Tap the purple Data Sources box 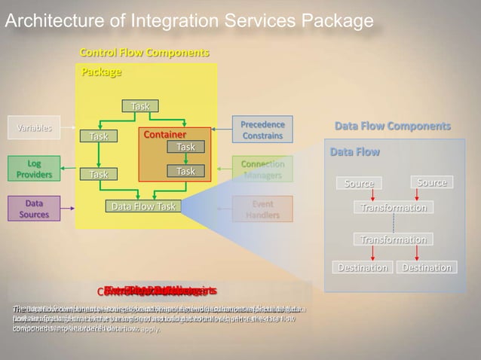34,209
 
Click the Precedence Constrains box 262,130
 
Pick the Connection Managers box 262,169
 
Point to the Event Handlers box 262,209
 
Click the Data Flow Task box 143,206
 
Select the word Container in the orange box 165,135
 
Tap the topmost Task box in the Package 140,106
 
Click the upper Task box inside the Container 185,147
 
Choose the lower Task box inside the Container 185,172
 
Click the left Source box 359,184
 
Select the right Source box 432,182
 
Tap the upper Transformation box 393,208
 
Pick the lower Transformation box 393,239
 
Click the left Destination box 362,267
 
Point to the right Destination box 427,267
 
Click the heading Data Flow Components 392,126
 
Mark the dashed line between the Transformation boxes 393,224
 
